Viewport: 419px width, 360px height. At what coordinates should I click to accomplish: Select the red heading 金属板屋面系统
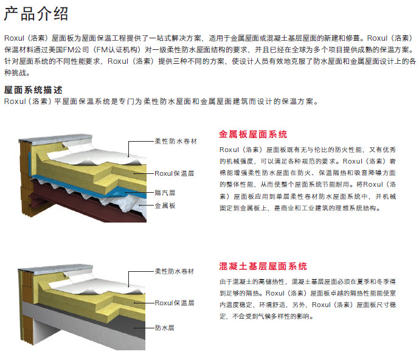pyautogui.click(x=252, y=134)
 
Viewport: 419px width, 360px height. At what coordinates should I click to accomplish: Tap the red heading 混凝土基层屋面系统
pyautogui.click(x=263, y=266)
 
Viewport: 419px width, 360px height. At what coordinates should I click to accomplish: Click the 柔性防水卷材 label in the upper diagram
pyautogui.click(x=175, y=140)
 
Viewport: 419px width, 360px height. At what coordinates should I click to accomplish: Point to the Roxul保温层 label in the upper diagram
pyautogui.click(x=174, y=173)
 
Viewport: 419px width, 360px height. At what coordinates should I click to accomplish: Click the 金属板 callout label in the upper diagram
pyautogui.click(x=165, y=206)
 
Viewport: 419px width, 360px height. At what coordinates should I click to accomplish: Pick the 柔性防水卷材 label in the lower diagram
pyautogui.click(x=175, y=271)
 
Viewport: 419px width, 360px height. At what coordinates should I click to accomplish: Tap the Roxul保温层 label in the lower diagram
pyautogui.click(x=174, y=302)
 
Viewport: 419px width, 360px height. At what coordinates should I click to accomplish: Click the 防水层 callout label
pyautogui.click(x=165, y=327)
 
